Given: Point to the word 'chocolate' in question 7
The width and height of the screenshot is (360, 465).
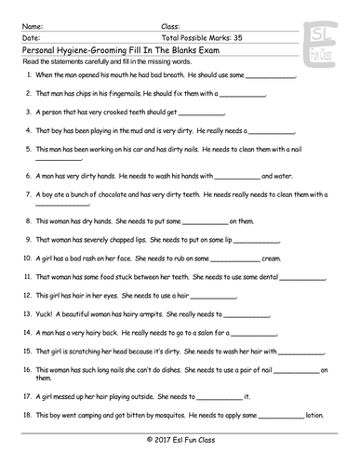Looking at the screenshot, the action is (112, 194).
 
